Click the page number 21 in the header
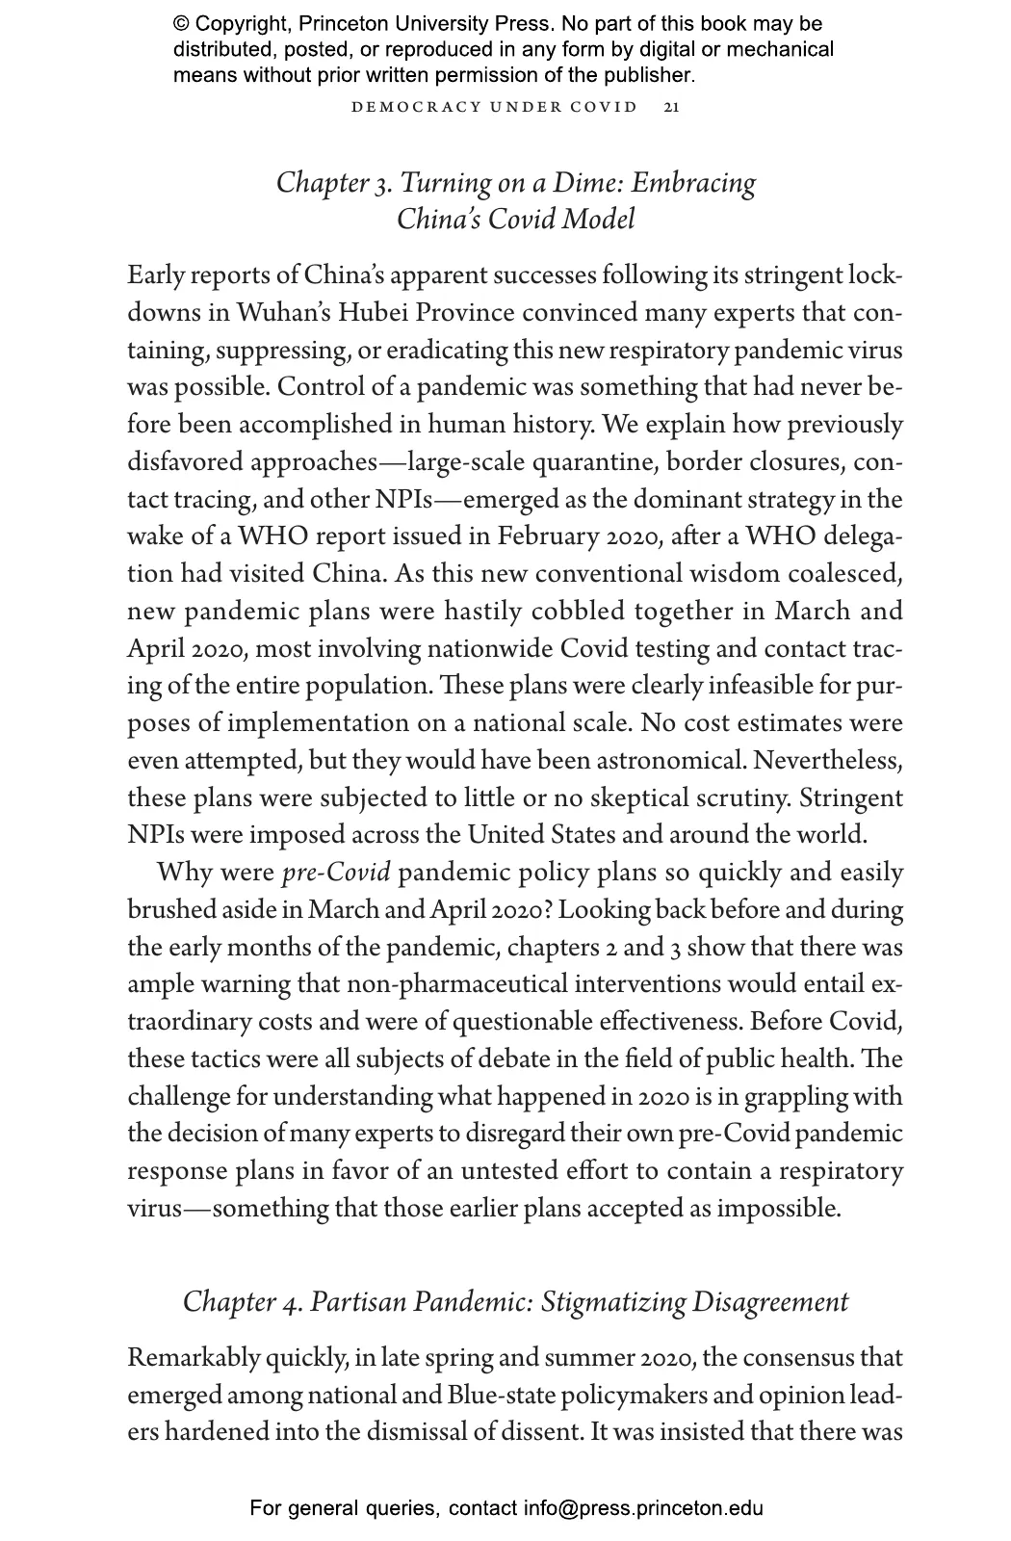pos(672,107)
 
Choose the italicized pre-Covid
pos(336,874)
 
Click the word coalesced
pos(844,574)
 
